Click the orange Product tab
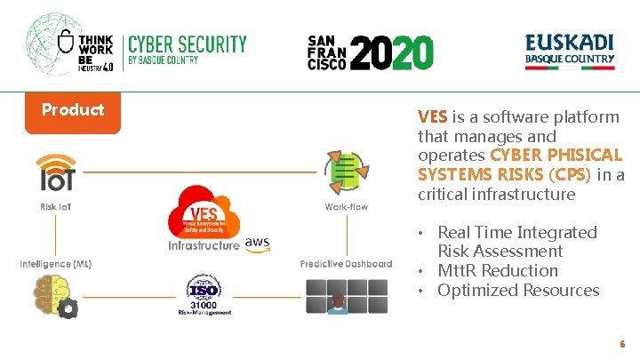(x=73, y=110)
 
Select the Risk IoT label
(x=57, y=208)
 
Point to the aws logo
(x=257, y=243)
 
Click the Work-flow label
(x=346, y=208)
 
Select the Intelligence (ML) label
(x=56, y=264)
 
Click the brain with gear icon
(x=55, y=296)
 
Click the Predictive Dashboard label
(x=346, y=264)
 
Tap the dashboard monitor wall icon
(x=345, y=295)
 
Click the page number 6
(x=622, y=343)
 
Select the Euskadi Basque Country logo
(x=569, y=51)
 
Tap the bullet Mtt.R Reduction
(x=498, y=271)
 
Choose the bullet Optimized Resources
(x=518, y=291)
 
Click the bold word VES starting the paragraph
(x=433, y=117)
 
